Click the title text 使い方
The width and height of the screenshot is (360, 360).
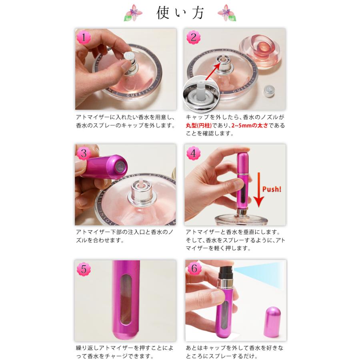click(x=180, y=13)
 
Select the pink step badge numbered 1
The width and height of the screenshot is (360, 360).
click(x=84, y=38)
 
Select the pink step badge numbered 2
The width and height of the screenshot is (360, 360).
click(x=194, y=38)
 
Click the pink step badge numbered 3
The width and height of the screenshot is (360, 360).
click(x=84, y=154)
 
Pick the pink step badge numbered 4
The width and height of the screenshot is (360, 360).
click(x=194, y=154)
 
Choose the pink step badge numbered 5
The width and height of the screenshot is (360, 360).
click(x=84, y=269)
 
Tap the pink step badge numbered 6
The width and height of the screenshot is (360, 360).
click(x=194, y=269)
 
